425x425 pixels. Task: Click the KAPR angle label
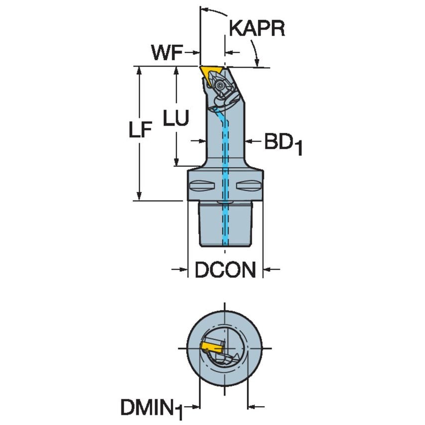pos(257,29)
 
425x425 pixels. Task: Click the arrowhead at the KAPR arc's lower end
pos(257,63)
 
